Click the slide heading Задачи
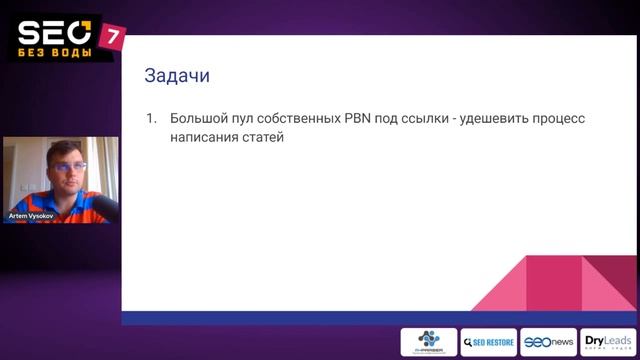tap(177, 76)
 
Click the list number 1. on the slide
tap(151, 119)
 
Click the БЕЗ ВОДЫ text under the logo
tap(55, 51)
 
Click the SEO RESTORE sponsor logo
tap(489, 342)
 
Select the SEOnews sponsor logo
tap(548, 342)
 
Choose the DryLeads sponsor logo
tap(607, 342)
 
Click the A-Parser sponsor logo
tap(429, 342)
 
